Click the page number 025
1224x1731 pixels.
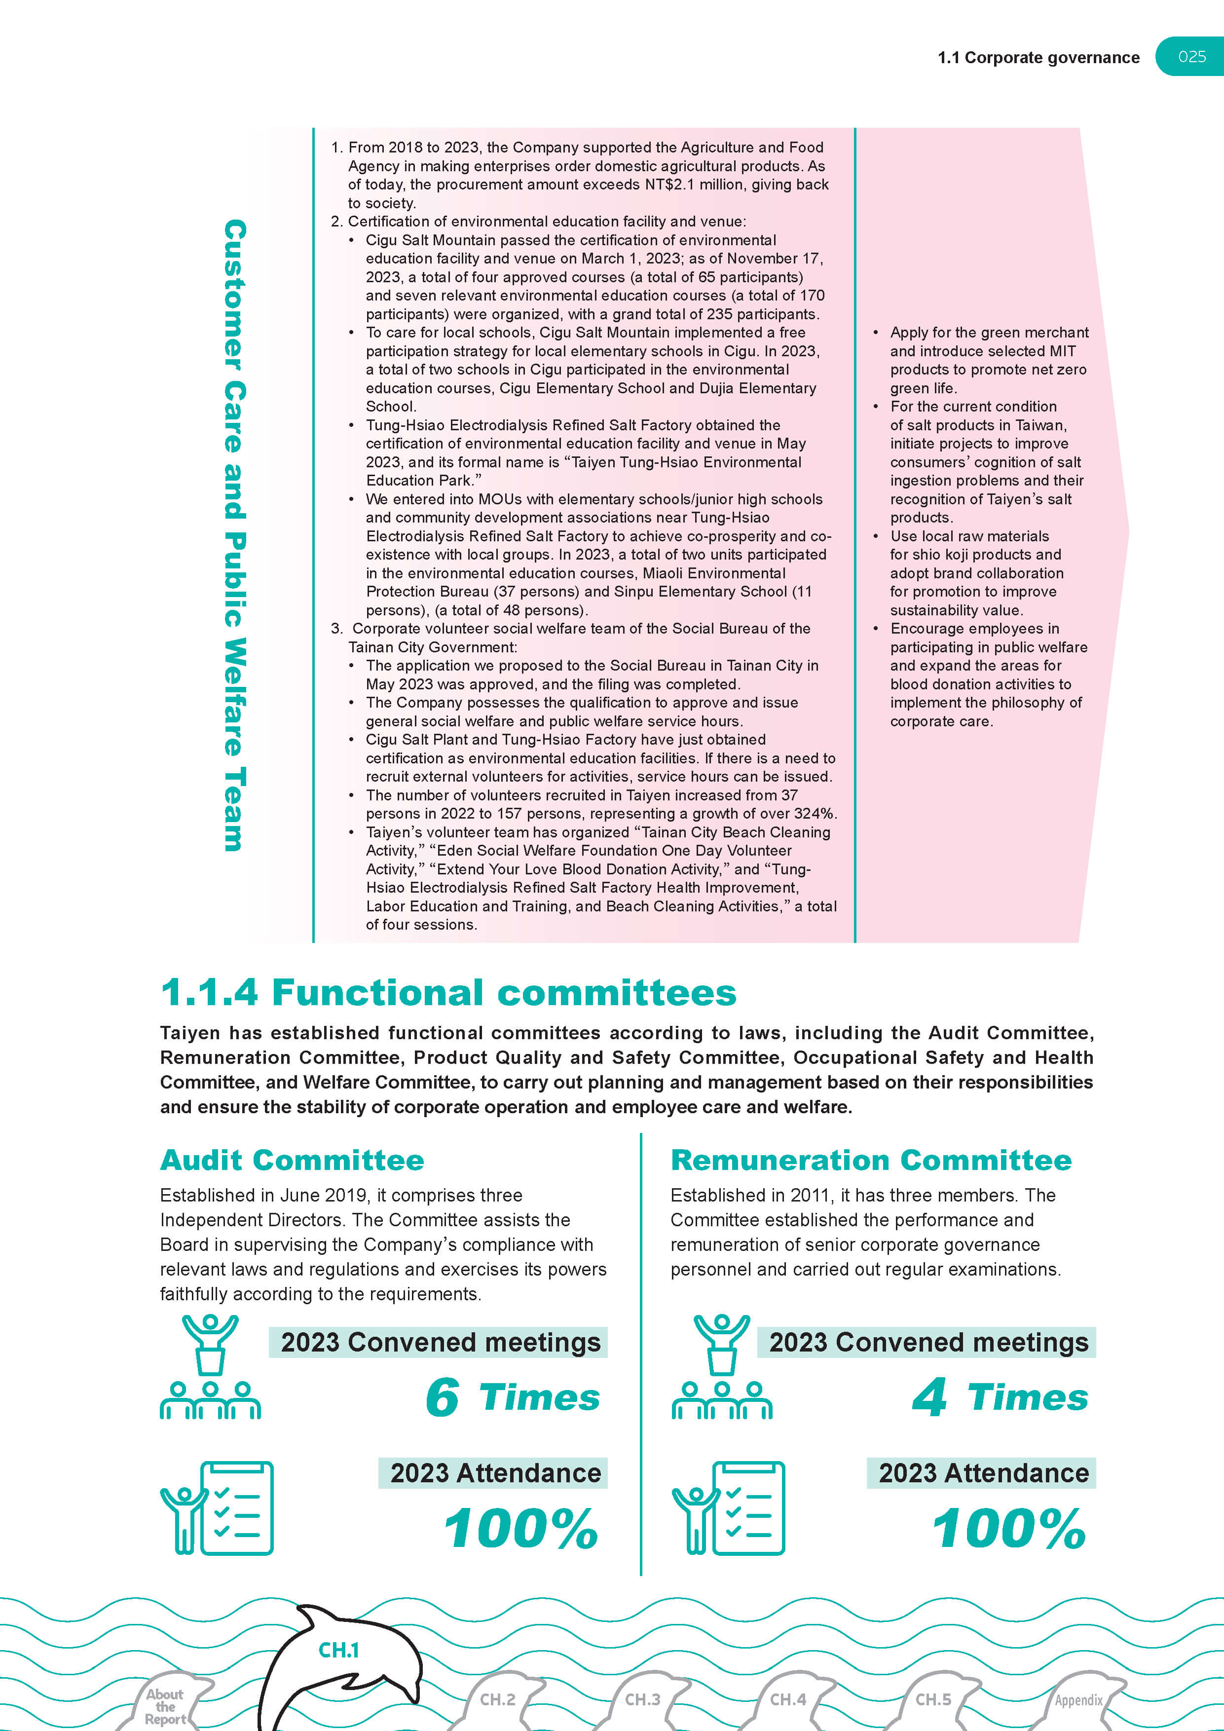(1191, 57)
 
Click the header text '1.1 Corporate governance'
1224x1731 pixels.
(1038, 58)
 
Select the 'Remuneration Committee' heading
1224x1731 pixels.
(871, 1160)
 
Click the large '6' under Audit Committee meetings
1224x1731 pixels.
(443, 1397)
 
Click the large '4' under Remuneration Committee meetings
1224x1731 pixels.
(929, 1397)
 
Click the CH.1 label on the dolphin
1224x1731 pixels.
(338, 1651)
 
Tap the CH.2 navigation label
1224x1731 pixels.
(497, 1699)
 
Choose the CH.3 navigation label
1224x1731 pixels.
(642, 1699)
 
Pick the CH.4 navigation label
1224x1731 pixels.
(787, 1699)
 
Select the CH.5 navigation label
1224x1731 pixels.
(933, 1699)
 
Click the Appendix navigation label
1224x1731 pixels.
(1078, 1700)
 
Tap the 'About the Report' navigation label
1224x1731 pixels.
(165, 1706)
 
